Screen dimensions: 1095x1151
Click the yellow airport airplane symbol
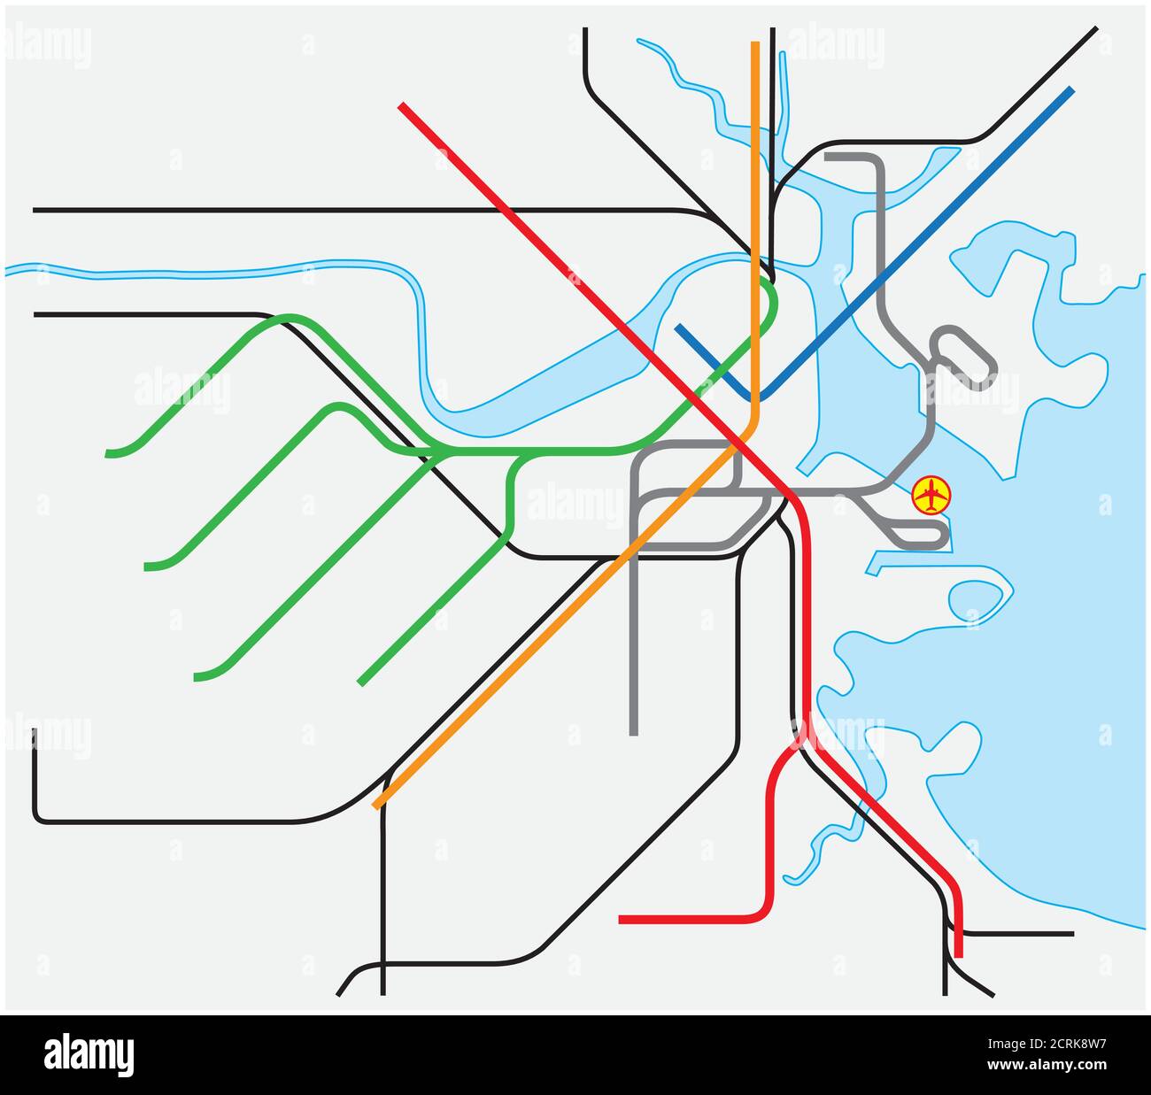click(x=931, y=494)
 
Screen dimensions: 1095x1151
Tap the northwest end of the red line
click(x=401, y=105)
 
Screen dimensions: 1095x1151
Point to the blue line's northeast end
click(x=1072, y=89)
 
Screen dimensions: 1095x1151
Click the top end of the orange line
click(x=755, y=43)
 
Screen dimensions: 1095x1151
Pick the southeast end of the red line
click(x=959, y=955)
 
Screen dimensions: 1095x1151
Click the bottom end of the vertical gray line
click(x=634, y=733)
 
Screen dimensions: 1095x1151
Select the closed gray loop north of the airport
click(x=963, y=358)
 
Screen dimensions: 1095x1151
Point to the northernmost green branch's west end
click(x=107, y=454)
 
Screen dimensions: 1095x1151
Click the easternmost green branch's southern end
click(x=360, y=683)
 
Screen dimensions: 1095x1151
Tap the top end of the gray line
click(x=827, y=157)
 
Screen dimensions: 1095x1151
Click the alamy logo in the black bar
click(x=89, y=1055)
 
